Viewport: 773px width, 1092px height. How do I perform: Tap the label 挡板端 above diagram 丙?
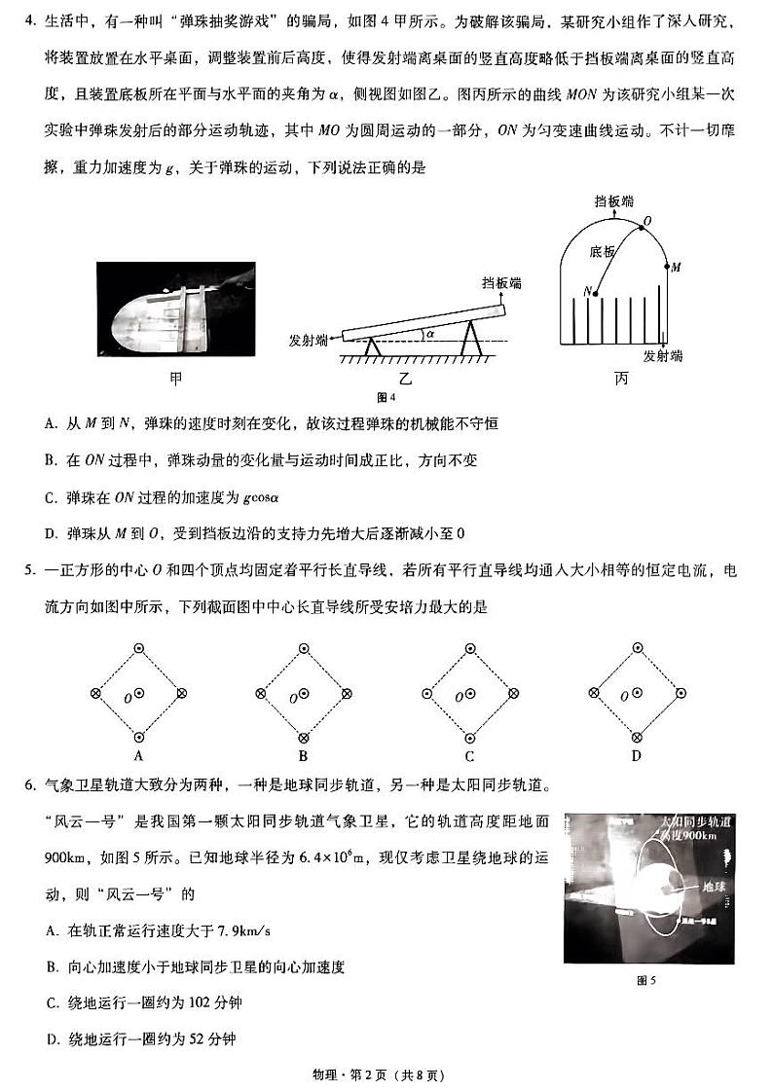[613, 201]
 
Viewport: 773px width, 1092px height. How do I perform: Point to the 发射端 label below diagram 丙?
[663, 356]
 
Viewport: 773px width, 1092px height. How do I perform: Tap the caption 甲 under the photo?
[175, 379]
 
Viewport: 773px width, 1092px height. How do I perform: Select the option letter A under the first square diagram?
[138, 756]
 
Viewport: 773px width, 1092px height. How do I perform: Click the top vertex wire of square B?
[304, 647]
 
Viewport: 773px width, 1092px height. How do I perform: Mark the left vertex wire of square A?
[95, 693]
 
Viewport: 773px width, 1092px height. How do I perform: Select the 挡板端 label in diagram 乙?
[501, 283]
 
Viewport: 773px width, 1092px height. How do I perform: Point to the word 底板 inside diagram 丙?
[603, 251]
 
